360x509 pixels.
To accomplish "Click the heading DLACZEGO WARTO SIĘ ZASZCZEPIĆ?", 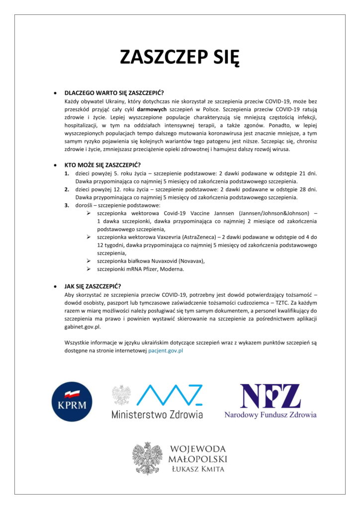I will tap(114, 92).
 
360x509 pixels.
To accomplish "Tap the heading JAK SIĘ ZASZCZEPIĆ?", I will tap(92, 286).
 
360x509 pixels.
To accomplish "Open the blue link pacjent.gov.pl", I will tap(166, 350).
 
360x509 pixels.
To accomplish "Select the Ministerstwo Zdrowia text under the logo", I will tap(157, 414).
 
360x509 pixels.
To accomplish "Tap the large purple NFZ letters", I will tap(270, 396).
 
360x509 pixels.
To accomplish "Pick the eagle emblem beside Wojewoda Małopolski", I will tap(147, 458).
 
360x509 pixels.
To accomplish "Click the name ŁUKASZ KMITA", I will tap(197, 469).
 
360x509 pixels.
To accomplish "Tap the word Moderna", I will tap(171, 269).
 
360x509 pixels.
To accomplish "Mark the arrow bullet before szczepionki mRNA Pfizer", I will tap(89, 269).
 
